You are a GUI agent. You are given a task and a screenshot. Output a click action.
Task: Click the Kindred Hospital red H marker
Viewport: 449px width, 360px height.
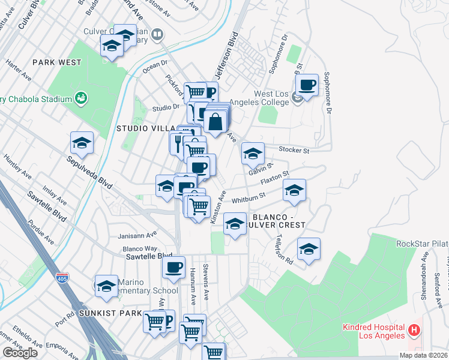pyautogui.click(x=414, y=331)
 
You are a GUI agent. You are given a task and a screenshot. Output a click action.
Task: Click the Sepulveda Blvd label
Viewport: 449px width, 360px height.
pyautogui.click(x=90, y=170)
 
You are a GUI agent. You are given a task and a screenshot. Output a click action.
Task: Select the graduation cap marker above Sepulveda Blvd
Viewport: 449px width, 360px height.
pyautogui.click(x=82, y=143)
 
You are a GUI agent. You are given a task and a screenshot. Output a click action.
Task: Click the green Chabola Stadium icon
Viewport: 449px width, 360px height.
pyautogui.click(x=80, y=98)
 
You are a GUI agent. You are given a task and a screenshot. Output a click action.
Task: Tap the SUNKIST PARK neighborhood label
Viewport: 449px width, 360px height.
pyautogui.click(x=104, y=313)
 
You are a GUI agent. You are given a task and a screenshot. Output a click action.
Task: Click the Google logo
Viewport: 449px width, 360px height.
pyautogui.click(x=20, y=353)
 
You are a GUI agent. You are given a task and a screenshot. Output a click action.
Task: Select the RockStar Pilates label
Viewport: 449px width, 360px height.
pyautogui.click(x=423, y=244)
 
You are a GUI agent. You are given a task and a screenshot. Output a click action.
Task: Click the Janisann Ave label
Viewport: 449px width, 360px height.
pyautogui.click(x=139, y=235)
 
